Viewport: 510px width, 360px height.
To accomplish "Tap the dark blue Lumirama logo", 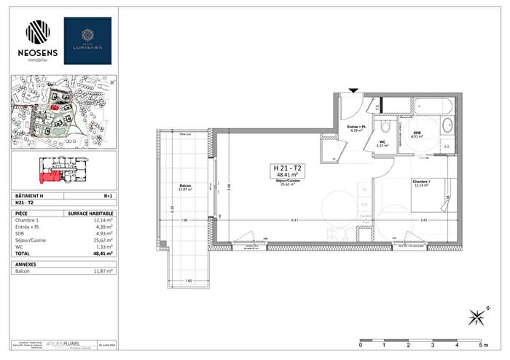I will coord(87,40).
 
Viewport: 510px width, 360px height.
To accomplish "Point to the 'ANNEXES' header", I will coord(26,264).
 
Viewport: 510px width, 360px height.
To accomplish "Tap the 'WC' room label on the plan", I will coord(380,141).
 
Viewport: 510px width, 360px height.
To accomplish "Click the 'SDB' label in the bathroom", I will coord(417,132).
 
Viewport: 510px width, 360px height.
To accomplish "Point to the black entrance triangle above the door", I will coord(353,90).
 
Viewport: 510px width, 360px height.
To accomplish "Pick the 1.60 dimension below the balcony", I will coord(187,280).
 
